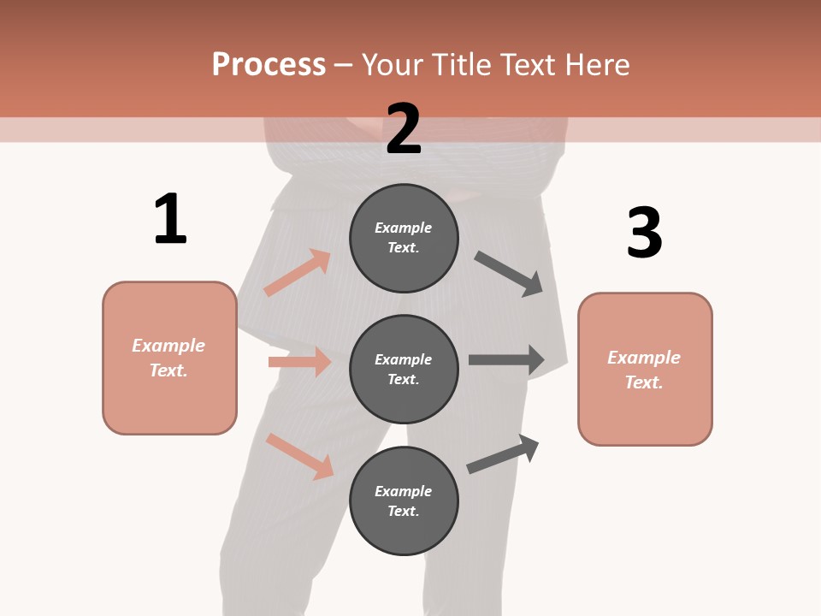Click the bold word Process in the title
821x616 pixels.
coord(269,65)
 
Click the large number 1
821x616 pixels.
coord(170,219)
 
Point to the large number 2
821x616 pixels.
coord(404,129)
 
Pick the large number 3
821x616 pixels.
coord(644,234)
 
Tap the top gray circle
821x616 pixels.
coord(404,238)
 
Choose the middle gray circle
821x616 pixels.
coord(404,369)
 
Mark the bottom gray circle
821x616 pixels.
coord(404,500)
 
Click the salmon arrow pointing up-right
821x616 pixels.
coord(297,273)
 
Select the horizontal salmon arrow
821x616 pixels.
coord(299,362)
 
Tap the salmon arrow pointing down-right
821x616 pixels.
coord(299,456)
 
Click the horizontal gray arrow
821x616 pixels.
coord(506,360)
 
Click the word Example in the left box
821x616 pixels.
coord(168,346)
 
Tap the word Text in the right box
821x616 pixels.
coord(642,382)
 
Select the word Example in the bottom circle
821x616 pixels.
coord(404,491)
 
